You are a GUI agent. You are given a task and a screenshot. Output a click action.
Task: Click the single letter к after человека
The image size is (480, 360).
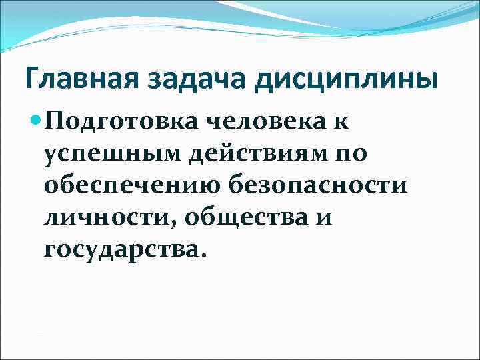click(x=342, y=122)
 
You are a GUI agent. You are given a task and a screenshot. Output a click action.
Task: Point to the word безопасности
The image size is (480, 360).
click(x=317, y=186)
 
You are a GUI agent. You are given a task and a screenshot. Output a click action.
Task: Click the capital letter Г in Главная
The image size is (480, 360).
click(x=31, y=81)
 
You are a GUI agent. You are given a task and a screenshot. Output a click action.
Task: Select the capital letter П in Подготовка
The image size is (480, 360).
click(x=55, y=122)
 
